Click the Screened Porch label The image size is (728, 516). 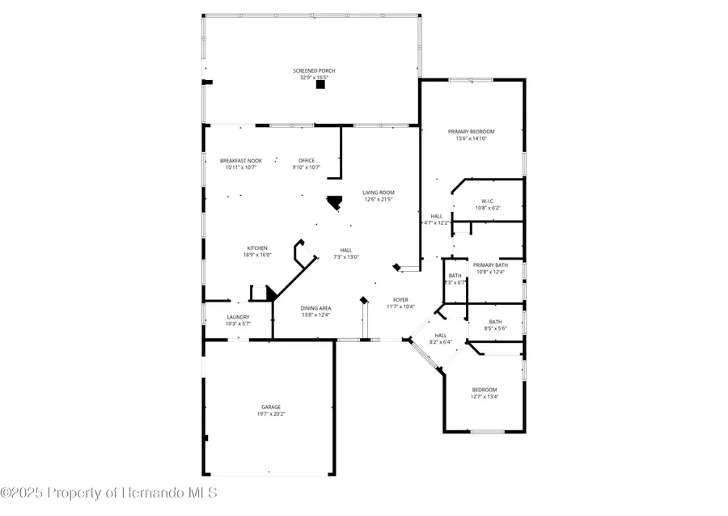(x=314, y=71)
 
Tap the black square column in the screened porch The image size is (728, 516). (x=320, y=83)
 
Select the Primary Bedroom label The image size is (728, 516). (x=471, y=131)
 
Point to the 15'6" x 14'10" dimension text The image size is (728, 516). (x=471, y=139)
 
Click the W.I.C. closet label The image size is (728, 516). (x=488, y=201)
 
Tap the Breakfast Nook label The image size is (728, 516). (x=241, y=160)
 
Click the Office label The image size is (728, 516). (x=306, y=160)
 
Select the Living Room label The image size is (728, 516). (x=378, y=192)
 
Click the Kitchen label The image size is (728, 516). (x=257, y=248)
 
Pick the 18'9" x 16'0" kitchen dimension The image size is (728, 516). (x=257, y=256)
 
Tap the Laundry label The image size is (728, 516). (x=238, y=317)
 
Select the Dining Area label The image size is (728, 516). (x=315, y=308)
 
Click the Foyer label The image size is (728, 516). (x=400, y=299)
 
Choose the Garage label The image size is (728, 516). (x=271, y=407)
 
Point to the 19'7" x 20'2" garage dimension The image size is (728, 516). (x=271, y=414)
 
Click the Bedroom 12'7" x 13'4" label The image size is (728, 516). (x=485, y=389)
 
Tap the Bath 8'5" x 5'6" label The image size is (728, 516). (x=495, y=321)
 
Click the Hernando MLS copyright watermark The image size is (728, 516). (x=109, y=492)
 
